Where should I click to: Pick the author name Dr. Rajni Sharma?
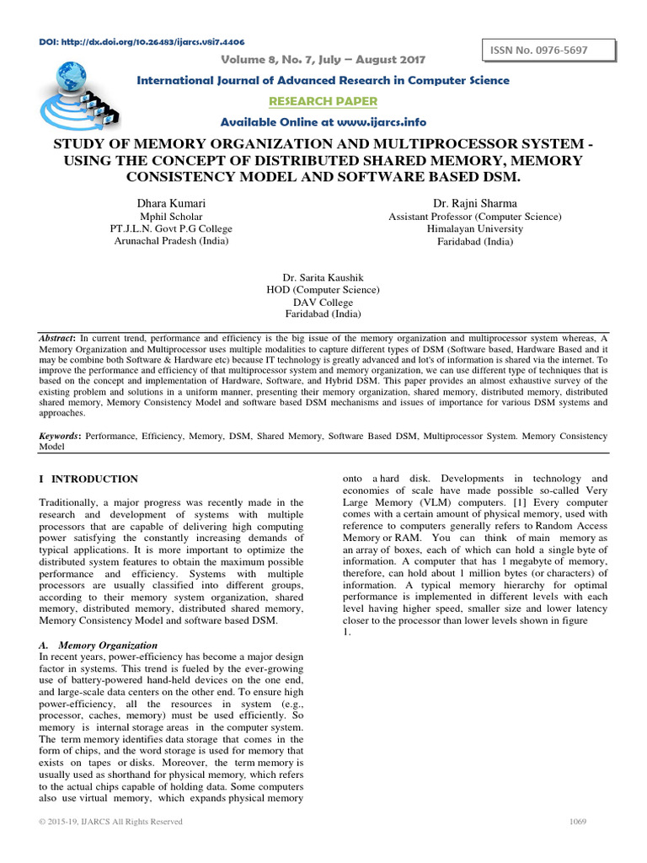(x=474, y=203)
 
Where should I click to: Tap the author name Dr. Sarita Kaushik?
(x=322, y=276)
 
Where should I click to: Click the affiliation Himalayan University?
(x=474, y=228)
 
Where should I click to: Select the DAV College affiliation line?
(x=322, y=302)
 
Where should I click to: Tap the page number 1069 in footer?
(x=577, y=822)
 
